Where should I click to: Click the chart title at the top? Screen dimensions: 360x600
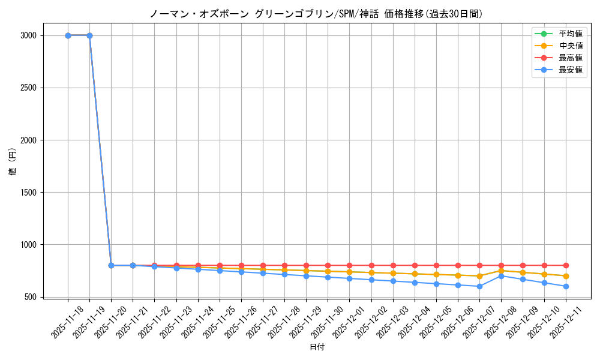pyautogui.click(x=316, y=14)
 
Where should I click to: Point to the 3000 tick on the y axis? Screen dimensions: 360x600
pyautogui.click(x=28, y=35)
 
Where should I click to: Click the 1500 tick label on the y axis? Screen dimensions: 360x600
pyautogui.click(x=28, y=193)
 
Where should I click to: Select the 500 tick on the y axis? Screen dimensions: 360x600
pyautogui.click(x=30, y=297)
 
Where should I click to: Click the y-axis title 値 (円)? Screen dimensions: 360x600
pyautogui.click(x=13, y=162)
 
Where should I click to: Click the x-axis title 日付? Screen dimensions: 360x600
pyautogui.click(x=317, y=347)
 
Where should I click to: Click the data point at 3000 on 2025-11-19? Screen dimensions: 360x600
pyautogui.click(x=89, y=35)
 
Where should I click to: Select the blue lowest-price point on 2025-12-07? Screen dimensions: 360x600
pyautogui.click(x=479, y=286)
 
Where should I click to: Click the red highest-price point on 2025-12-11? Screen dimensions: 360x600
pyautogui.click(x=566, y=265)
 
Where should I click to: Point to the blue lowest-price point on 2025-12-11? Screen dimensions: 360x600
pyautogui.click(x=566, y=286)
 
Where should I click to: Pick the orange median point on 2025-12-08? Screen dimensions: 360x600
pyautogui.click(x=501, y=271)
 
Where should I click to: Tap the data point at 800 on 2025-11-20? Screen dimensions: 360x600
pyautogui.click(x=111, y=265)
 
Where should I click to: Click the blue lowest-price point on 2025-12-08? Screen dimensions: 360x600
pyautogui.click(x=501, y=276)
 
